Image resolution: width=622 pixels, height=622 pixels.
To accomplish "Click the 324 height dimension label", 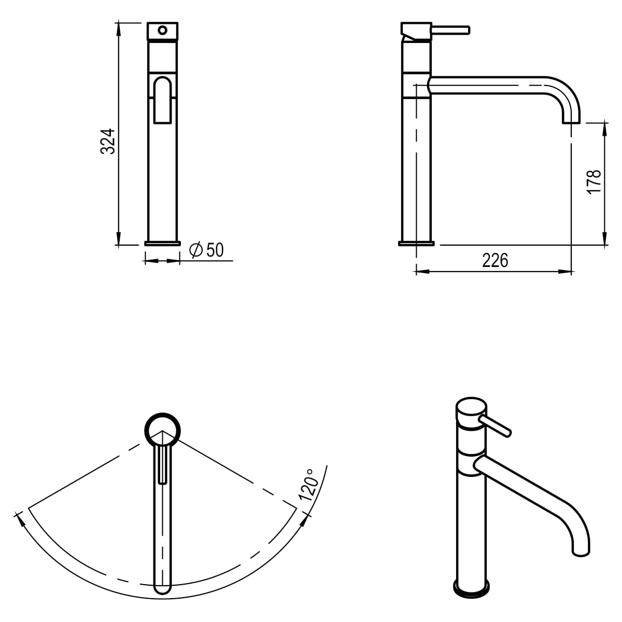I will pyautogui.click(x=107, y=141).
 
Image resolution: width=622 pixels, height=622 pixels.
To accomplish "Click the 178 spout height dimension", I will pyautogui.click(x=593, y=181).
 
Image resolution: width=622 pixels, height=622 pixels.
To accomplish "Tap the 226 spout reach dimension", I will pyautogui.click(x=494, y=260).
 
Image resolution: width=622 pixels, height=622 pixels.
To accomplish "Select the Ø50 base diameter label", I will pyautogui.click(x=207, y=250).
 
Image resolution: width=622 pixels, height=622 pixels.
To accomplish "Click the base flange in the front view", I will pyautogui.click(x=163, y=243).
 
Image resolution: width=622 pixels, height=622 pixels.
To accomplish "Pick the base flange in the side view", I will pyautogui.click(x=416, y=243).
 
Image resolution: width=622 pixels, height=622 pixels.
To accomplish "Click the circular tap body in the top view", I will pyautogui.click(x=163, y=430).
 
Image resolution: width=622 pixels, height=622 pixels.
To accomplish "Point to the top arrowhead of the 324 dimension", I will pyautogui.click(x=119, y=27).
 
